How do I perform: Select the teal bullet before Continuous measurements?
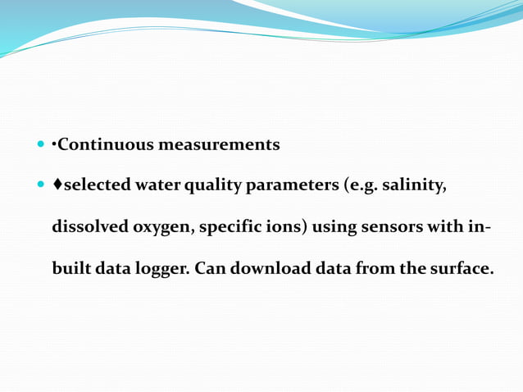tap(42, 145)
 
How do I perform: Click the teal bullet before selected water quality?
tap(42, 186)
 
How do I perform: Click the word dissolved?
tap(89, 227)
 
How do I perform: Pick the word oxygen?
tap(164, 228)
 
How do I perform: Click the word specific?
tap(232, 228)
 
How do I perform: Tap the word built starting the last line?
tap(70, 268)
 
